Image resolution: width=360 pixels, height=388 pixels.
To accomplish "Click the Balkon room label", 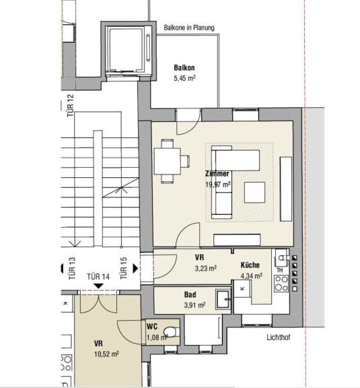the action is [x=184, y=67].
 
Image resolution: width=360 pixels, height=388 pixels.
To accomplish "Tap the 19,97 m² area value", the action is [x=218, y=185].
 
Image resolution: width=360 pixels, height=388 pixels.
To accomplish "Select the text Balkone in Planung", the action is [x=189, y=28].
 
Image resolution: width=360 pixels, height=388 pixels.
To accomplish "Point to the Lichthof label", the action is [x=279, y=337].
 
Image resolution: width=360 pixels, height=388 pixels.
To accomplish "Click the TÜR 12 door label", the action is [x=70, y=105].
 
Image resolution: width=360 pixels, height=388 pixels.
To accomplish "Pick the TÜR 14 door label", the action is [x=98, y=276].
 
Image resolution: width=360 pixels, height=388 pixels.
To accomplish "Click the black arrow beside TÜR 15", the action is [x=135, y=268].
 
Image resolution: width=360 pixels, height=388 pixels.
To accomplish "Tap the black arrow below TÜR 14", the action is [x=99, y=286].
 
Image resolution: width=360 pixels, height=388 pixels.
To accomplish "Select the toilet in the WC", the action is [x=171, y=332].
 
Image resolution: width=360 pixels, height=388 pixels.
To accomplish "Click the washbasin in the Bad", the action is [x=223, y=299].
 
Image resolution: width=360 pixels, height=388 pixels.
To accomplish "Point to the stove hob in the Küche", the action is [x=281, y=284].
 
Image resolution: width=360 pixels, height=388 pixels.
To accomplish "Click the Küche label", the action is [x=250, y=265].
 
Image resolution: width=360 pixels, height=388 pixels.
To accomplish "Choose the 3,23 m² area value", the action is [x=206, y=268].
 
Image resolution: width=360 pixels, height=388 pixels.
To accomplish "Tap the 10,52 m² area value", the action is [x=106, y=354].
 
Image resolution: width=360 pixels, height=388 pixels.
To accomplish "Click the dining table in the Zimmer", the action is [x=167, y=162].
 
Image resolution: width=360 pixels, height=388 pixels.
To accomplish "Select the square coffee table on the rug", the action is [x=254, y=192].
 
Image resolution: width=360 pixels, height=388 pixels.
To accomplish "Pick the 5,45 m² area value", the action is [x=184, y=78].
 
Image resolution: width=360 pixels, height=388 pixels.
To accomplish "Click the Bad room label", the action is [x=190, y=294].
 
